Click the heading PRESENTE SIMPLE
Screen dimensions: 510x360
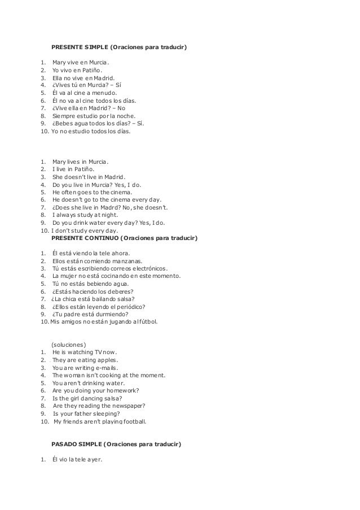pyautogui.click(x=119, y=47)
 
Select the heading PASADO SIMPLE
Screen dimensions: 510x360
pyautogui.click(x=116, y=444)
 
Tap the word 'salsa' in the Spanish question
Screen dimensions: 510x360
pyautogui.click(x=126, y=299)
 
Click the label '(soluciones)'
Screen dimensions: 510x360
pyautogui.click(x=69, y=344)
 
